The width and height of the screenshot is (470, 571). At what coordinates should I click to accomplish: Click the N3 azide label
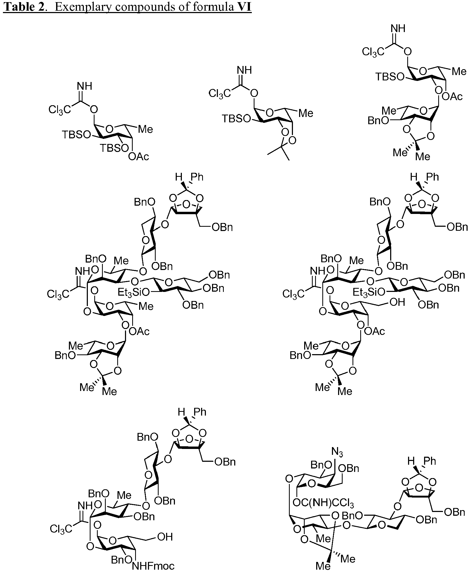(337, 452)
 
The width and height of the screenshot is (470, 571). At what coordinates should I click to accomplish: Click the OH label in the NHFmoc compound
(164, 537)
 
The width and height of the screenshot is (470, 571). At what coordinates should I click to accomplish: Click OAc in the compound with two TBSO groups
(138, 157)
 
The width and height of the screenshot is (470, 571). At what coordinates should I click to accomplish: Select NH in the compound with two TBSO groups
(84, 86)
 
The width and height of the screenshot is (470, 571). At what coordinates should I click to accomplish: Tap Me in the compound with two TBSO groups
(145, 129)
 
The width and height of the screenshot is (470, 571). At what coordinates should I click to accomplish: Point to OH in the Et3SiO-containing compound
(397, 302)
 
